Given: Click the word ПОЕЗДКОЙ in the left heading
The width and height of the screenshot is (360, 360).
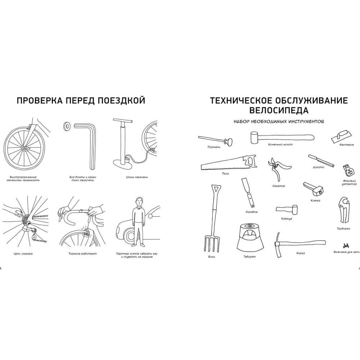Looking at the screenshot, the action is pyautogui.click(x=120, y=100).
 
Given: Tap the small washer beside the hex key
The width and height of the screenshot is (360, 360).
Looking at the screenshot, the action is pyautogui.click(x=67, y=126).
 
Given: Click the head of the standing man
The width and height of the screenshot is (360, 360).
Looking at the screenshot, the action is pyautogui.click(x=139, y=202).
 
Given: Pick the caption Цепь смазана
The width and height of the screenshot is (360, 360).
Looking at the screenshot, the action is pyautogui.click(x=22, y=254).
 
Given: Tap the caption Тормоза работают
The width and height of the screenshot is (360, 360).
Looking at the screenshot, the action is pyautogui.click(x=83, y=254).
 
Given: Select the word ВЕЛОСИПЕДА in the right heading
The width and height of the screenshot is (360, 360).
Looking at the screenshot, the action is pyautogui.click(x=279, y=111).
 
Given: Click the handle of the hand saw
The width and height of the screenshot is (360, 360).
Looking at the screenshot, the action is pyautogui.click(x=250, y=160).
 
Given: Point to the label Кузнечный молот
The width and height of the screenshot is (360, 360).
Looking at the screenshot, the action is pyautogui.click(x=280, y=145).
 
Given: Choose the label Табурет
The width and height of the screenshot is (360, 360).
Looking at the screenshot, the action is pyautogui.click(x=249, y=257).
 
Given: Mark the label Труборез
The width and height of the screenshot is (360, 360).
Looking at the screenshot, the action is pyautogui.click(x=343, y=229).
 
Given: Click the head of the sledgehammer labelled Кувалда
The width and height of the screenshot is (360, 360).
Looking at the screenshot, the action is pyautogui.click(x=294, y=209).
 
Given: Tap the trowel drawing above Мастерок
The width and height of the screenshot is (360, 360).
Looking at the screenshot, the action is pyautogui.click(x=341, y=136).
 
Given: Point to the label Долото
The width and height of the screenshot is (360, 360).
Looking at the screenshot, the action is pyautogui.click(x=319, y=167).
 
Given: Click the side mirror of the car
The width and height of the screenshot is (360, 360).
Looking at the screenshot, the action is pyautogui.click(x=151, y=216).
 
